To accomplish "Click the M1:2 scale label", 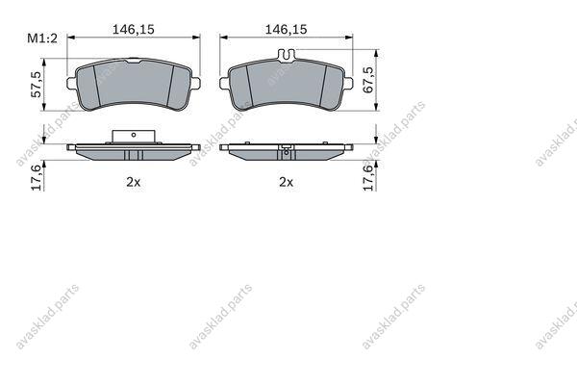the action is click(x=42, y=38).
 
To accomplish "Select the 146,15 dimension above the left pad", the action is click(x=134, y=30).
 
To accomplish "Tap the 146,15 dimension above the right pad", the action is click(x=286, y=30).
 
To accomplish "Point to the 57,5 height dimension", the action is click(x=37, y=85).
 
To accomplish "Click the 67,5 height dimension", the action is click(x=368, y=80).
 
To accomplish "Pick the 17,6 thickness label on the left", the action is click(x=37, y=177).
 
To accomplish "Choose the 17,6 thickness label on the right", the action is click(x=368, y=177).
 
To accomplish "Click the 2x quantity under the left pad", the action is click(x=134, y=182).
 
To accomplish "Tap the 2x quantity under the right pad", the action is click(x=286, y=182).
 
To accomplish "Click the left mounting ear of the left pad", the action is click(x=71, y=83).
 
